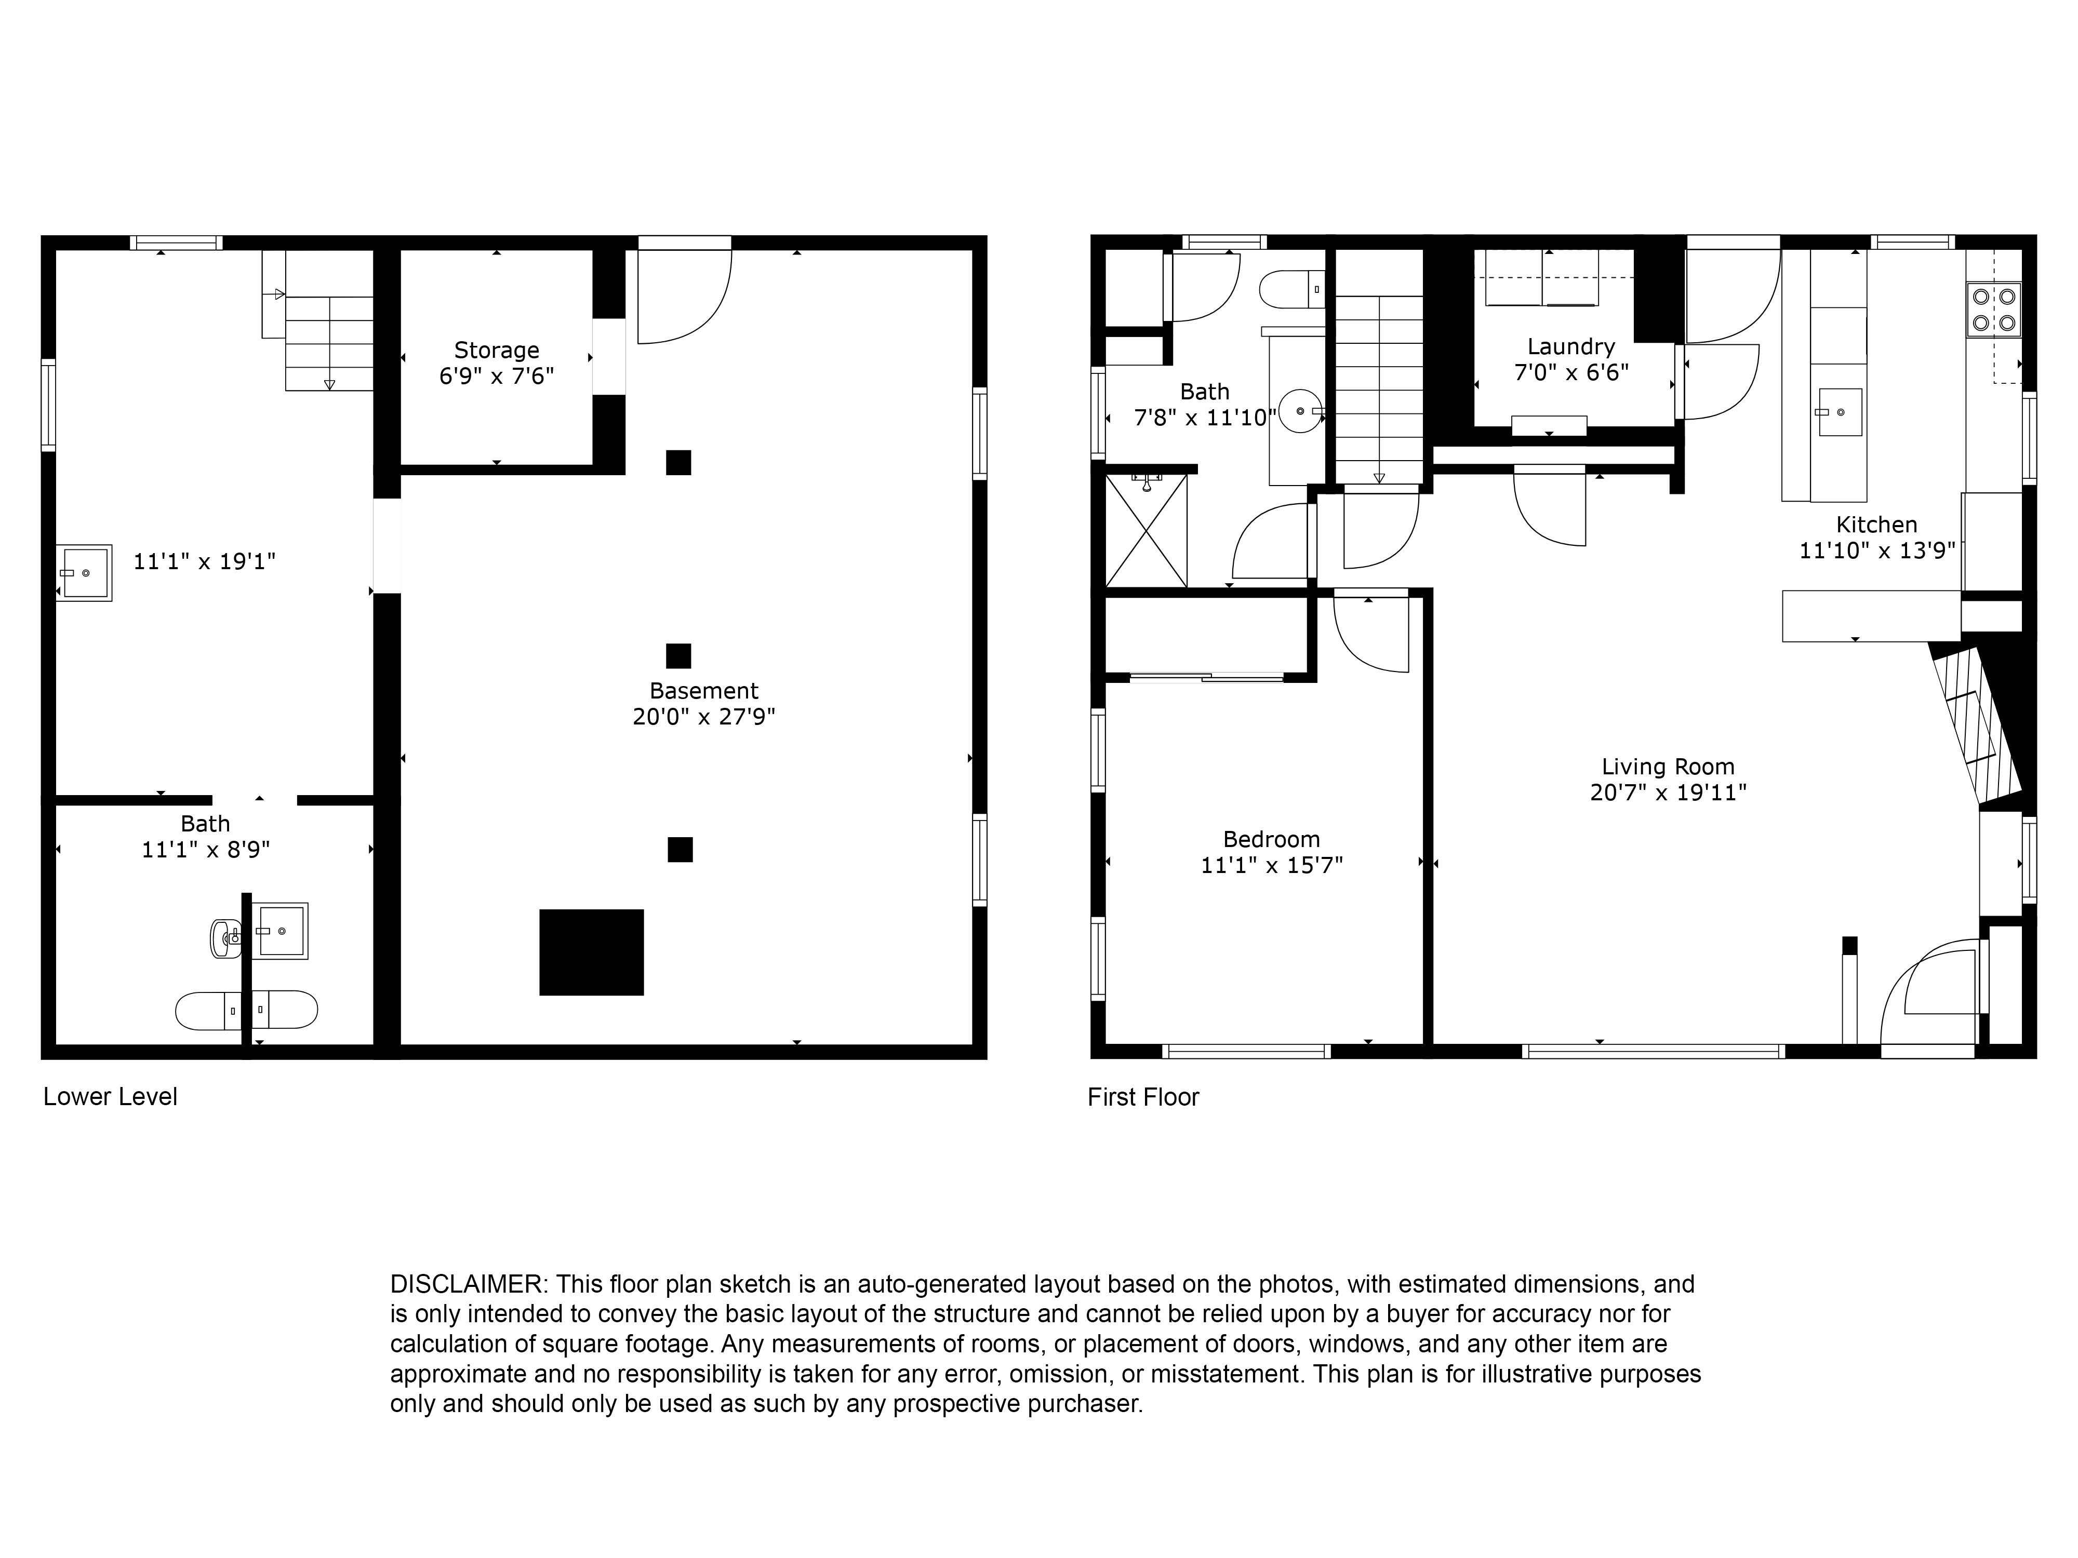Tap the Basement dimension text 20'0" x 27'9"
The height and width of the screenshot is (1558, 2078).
click(x=703, y=717)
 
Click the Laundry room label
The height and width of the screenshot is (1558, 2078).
click(x=1571, y=346)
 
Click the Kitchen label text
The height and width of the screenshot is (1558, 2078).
click(x=1876, y=524)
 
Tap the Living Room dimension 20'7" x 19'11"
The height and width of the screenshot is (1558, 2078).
click(x=1668, y=791)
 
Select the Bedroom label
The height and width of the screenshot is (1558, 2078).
click(x=1271, y=839)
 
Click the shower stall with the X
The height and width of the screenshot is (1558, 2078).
click(x=1146, y=531)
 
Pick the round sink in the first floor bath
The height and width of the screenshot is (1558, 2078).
click(x=1300, y=411)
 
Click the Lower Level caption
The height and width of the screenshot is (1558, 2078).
click(x=110, y=1096)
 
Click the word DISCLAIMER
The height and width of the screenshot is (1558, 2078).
click(x=466, y=1284)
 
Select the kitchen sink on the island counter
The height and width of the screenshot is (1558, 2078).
click(x=1840, y=412)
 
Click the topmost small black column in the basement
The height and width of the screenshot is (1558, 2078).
click(x=678, y=462)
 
